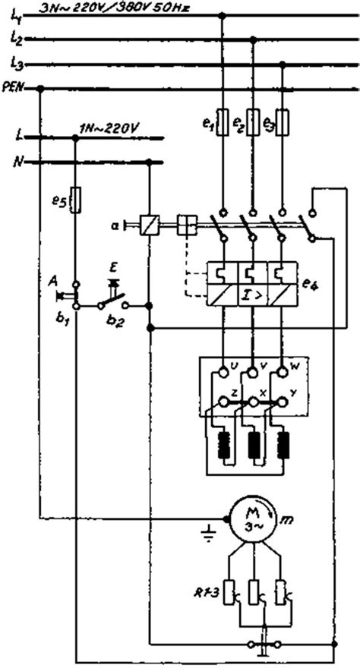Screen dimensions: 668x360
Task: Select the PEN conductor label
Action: point(14,89)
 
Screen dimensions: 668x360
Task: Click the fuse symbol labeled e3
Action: point(282,123)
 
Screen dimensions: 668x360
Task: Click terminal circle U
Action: point(223,372)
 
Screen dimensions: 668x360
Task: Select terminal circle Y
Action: point(282,399)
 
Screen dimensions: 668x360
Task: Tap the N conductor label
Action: point(17,162)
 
